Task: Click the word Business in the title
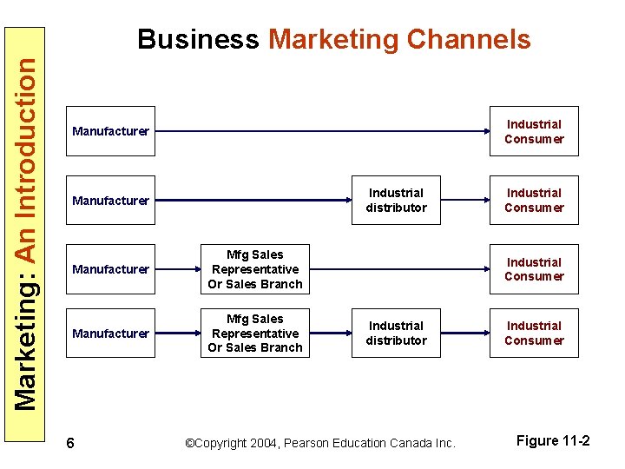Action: tap(198, 40)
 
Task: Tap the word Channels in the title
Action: tap(468, 40)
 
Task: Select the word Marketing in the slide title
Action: tap(332, 40)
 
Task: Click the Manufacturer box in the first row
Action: tap(111, 131)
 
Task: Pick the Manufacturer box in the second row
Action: tap(111, 201)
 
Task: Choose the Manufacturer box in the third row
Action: tap(111, 269)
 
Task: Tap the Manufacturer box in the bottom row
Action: tap(111, 334)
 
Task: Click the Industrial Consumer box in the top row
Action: tap(534, 131)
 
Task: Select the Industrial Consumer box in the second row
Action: tap(534, 201)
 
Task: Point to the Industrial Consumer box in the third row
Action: tap(534, 269)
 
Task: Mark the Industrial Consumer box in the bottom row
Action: tap(534, 334)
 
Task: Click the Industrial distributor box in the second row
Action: tap(396, 201)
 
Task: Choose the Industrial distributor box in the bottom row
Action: tap(396, 334)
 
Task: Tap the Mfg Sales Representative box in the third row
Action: tap(255, 269)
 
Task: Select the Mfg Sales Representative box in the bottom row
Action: tap(255, 334)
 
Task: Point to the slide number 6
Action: tap(70, 444)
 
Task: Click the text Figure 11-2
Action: tap(553, 441)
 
